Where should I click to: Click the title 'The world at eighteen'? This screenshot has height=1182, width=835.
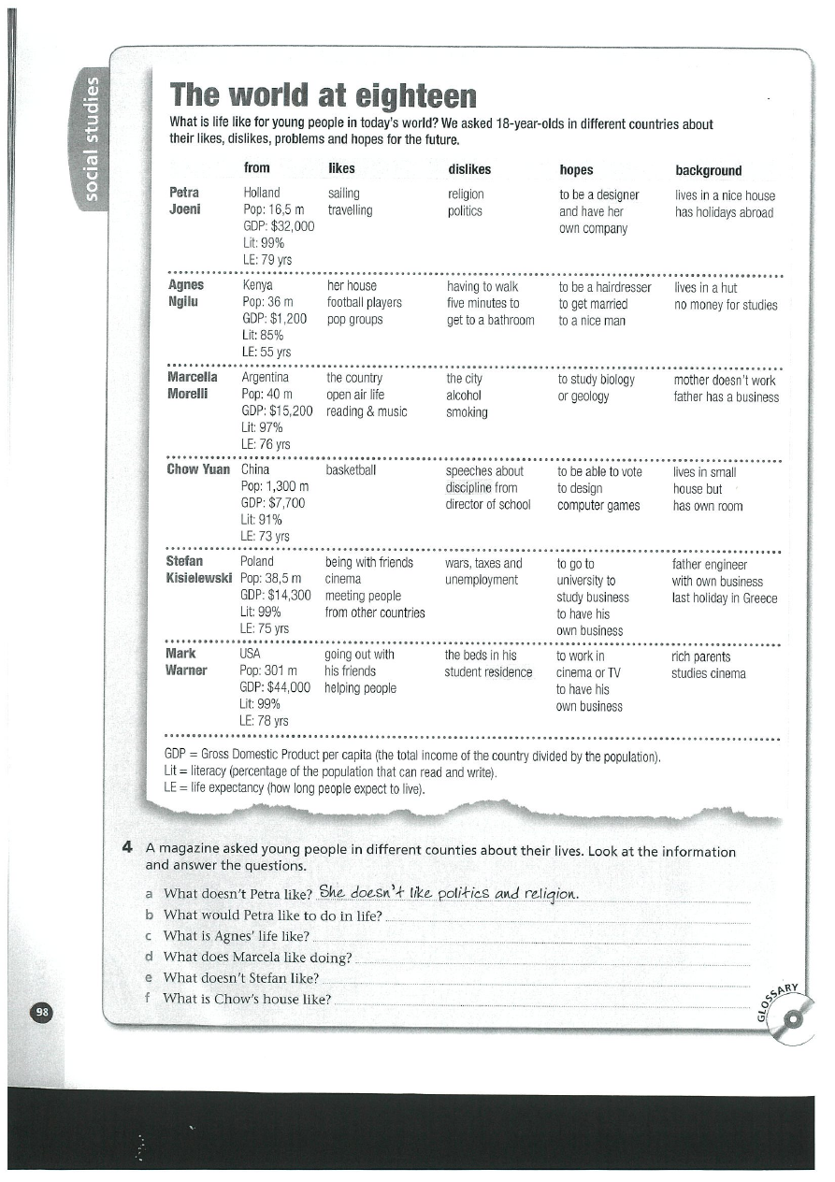point(323,96)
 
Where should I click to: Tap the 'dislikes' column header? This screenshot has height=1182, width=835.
point(469,169)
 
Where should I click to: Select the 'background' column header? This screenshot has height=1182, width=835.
point(708,170)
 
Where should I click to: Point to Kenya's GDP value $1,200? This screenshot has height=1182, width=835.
point(275,319)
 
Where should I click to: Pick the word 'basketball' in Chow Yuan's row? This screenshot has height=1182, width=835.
point(351,470)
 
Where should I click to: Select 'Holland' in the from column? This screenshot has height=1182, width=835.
point(261,195)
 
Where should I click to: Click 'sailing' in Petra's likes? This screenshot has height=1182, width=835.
point(344,195)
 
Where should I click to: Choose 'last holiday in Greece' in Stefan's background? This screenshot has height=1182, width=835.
point(724,598)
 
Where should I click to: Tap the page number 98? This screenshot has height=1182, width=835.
point(43,1012)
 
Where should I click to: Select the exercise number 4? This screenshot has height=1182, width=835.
point(126,850)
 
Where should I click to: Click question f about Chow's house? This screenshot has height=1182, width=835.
point(247,999)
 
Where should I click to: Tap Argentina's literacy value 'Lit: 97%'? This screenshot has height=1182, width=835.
point(262,427)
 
